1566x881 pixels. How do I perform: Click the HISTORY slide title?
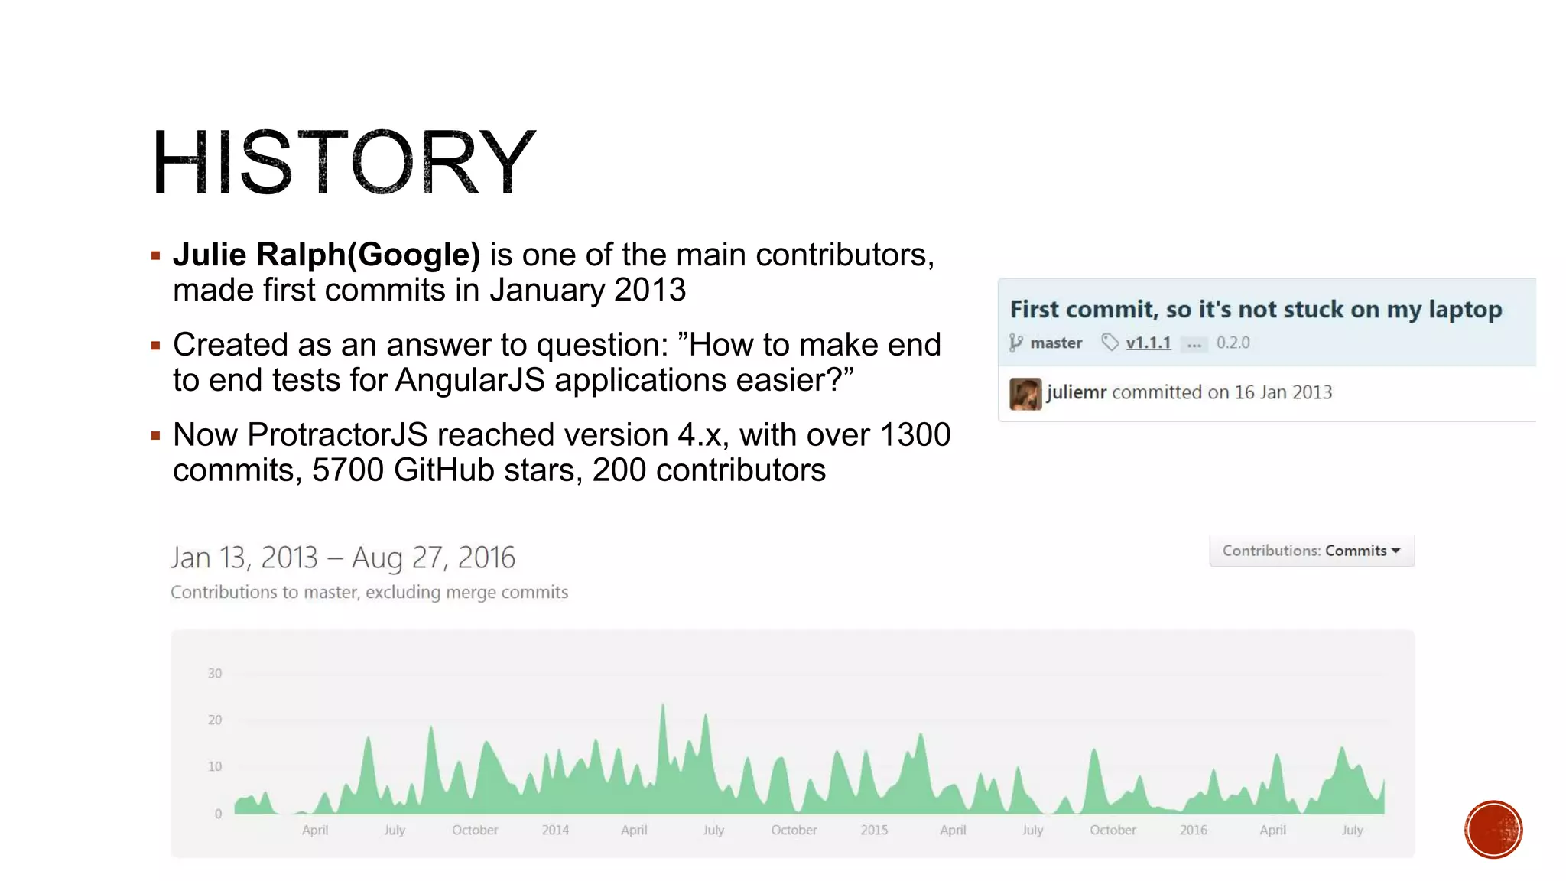point(343,162)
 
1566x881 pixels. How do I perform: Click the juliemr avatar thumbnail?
point(1025,394)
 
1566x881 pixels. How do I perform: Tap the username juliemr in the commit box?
point(1077,392)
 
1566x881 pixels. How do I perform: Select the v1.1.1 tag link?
point(1148,343)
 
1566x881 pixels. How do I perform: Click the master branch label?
point(1055,343)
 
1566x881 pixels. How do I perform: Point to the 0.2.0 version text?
point(1233,343)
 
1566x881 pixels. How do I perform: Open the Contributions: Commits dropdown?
point(1311,551)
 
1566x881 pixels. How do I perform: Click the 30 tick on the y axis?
point(215,673)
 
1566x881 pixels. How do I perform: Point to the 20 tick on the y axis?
point(215,720)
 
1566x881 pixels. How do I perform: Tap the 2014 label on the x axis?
point(555,830)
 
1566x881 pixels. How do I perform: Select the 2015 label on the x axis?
point(874,830)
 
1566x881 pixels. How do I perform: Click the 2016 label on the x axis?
point(1193,830)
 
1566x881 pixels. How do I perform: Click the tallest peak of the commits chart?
point(663,705)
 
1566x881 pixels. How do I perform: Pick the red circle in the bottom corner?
point(1493,830)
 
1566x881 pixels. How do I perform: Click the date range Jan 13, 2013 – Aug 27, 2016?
point(343,558)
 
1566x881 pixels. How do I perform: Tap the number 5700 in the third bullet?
point(347,470)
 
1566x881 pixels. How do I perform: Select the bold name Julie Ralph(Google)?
point(327,255)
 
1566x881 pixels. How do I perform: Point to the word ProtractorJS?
point(337,435)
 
